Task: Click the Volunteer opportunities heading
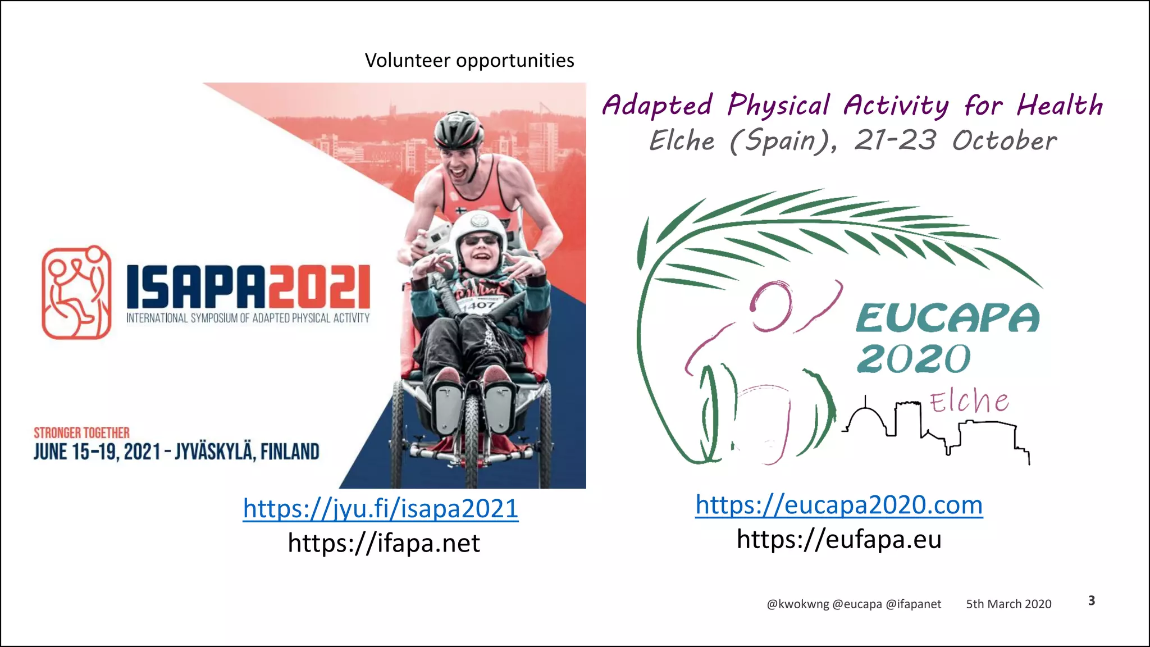coord(469,61)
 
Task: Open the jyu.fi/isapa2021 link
coord(380,509)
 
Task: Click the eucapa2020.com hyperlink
coord(839,505)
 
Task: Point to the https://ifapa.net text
coord(384,543)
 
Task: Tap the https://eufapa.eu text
coord(839,539)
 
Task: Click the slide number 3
coord(1092,600)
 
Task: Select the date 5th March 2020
coord(1008,604)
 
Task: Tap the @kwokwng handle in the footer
coord(797,604)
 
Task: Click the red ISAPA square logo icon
coord(76,293)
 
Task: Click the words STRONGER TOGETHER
coord(81,433)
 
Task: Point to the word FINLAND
coord(290,452)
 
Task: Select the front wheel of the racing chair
coord(471,432)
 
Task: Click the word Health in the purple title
coord(1060,105)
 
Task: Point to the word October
coord(1004,140)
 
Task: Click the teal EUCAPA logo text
coord(947,318)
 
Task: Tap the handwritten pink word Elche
coord(969,402)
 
